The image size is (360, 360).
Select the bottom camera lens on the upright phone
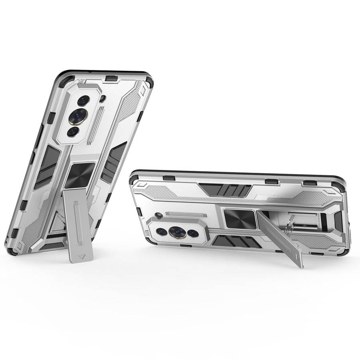tap(72, 131)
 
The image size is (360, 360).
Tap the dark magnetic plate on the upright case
tap(80, 175)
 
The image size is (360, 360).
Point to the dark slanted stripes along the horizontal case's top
tap(225, 189)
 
